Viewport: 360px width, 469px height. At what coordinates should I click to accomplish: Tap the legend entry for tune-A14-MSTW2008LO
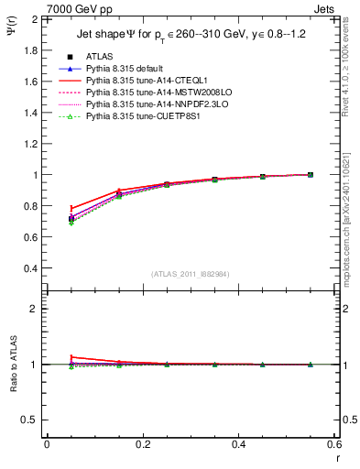click(x=152, y=93)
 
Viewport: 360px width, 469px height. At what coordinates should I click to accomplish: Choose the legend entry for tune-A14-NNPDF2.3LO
click(x=150, y=104)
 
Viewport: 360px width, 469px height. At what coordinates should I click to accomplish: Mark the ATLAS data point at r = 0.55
click(x=311, y=174)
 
